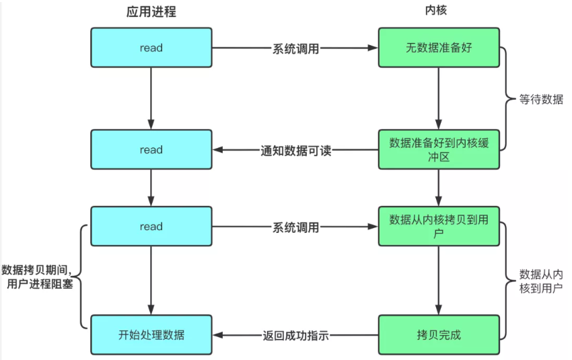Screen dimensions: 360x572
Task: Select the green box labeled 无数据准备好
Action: tap(439, 48)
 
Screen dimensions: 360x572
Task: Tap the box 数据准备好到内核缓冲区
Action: tap(439, 149)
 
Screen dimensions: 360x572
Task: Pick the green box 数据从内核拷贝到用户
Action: tap(439, 227)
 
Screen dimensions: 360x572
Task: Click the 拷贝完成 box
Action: tap(439, 334)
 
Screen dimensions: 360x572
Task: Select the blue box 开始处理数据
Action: tap(151, 334)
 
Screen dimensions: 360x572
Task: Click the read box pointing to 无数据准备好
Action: tap(151, 48)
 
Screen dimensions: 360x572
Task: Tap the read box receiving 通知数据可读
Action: tap(151, 149)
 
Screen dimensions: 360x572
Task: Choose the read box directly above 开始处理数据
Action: tap(151, 227)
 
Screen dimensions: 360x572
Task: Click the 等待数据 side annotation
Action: tap(541, 99)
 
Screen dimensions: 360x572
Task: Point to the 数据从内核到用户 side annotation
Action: tap(541, 281)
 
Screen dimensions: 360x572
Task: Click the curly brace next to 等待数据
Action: tap(510, 99)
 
